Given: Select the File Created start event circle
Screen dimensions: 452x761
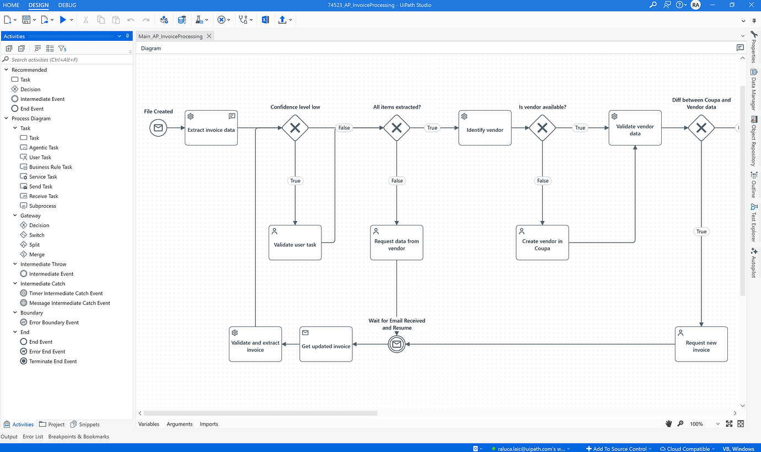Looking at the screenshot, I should (x=158, y=128).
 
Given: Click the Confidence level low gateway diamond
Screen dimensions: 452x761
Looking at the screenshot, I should (x=295, y=128).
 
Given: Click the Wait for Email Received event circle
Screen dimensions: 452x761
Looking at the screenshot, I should (x=396, y=345).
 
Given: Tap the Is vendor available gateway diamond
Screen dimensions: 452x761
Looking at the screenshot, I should (x=542, y=128).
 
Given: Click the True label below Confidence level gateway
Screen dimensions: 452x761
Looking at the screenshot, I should (x=295, y=181).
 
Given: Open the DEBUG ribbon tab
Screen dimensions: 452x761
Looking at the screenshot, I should (x=67, y=5).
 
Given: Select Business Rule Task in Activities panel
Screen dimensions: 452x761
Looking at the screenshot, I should (x=51, y=167).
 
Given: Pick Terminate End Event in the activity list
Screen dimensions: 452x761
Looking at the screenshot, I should (x=53, y=361).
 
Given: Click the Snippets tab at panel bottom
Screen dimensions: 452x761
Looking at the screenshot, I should (x=89, y=424).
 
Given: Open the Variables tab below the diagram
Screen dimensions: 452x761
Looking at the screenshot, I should (x=149, y=424).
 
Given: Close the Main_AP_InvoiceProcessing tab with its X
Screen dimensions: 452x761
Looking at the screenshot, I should (x=209, y=36).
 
